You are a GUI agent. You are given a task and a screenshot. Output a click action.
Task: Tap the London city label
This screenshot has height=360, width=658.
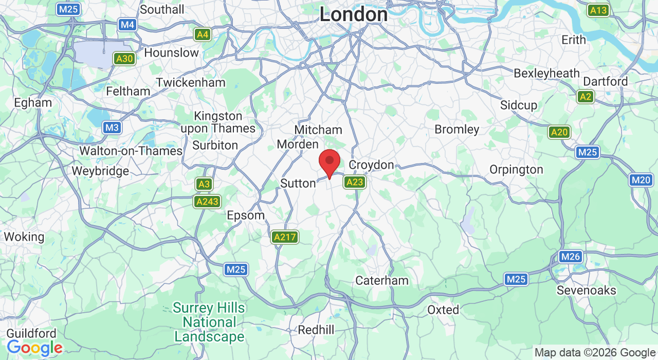[354, 14]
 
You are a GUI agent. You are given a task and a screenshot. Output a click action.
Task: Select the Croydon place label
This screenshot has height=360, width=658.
[371, 165]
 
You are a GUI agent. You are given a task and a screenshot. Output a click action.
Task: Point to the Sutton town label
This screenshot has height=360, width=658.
[298, 183]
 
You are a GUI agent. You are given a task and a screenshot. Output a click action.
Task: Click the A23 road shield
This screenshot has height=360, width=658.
[355, 182]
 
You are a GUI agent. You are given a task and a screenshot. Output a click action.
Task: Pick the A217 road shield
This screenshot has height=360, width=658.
[285, 237]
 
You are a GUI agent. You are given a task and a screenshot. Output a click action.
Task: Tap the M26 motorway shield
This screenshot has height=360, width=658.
[571, 257]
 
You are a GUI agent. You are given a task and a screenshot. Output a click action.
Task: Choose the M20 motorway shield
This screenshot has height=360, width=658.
[641, 180]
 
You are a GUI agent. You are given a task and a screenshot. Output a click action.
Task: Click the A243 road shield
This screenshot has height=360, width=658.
[207, 202]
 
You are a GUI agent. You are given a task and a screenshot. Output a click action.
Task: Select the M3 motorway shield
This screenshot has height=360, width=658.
[112, 128]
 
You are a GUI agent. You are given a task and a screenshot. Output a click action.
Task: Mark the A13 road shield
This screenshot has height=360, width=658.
[598, 10]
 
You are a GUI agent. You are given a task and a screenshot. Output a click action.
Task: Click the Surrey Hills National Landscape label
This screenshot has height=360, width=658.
[209, 322]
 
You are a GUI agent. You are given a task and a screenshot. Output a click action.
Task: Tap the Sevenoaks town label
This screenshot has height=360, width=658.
[587, 291]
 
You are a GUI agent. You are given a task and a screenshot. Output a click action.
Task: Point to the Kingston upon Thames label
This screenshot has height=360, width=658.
[218, 122]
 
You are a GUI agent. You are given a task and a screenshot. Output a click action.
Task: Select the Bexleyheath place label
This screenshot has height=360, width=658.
[546, 74]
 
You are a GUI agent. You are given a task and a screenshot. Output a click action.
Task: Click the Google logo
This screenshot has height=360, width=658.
[34, 348]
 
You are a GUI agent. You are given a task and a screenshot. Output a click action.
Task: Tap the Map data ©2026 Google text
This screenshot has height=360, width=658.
[595, 353]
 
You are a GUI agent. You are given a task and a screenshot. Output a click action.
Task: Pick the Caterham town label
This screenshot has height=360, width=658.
[382, 281]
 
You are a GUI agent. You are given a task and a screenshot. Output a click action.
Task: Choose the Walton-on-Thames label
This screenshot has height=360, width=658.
[131, 151]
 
